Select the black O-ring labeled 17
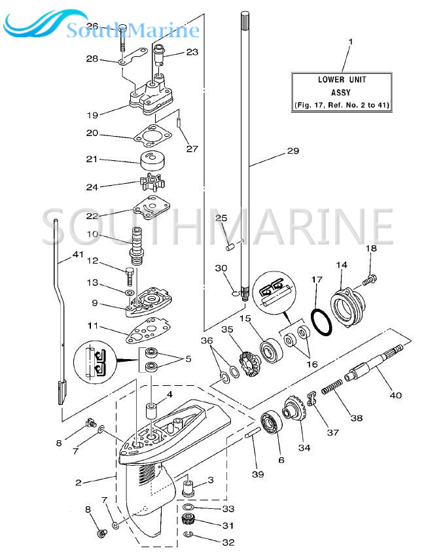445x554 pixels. pyautogui.click(x=319, y=322)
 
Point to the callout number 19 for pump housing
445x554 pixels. pyautogui.click(x=92, y=115)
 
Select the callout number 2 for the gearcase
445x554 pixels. pyautogui.click(x=79, y=483)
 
